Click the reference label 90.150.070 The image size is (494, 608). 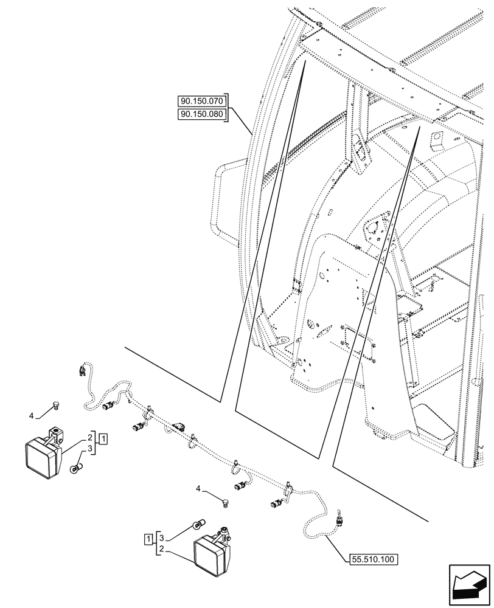click(x=201, y=102)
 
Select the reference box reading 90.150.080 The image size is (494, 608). click(x=201, y=114)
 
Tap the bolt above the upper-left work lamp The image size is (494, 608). click(x=56, y=406)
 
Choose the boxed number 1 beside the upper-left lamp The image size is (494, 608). click(x=104, y=438)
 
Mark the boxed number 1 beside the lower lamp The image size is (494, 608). click(x=148, y=539)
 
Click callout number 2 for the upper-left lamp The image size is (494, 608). click(x=89, y=437)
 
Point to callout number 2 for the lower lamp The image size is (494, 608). click(x=159, y=549)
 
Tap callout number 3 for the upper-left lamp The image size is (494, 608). click(x=89, y=449)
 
